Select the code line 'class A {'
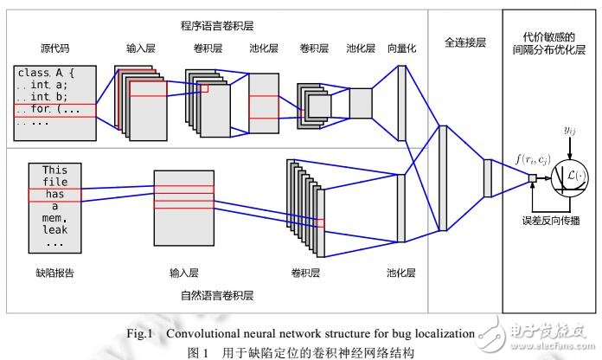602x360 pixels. click(49, 74)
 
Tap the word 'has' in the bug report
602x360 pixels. click(54, 195)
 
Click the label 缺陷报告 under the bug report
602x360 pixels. click(54, 274)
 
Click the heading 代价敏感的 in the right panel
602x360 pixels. click(550, 37)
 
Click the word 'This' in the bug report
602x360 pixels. click(54, 170)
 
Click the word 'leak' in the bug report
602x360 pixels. click(54, 232)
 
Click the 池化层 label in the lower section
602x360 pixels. click(401, 274)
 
